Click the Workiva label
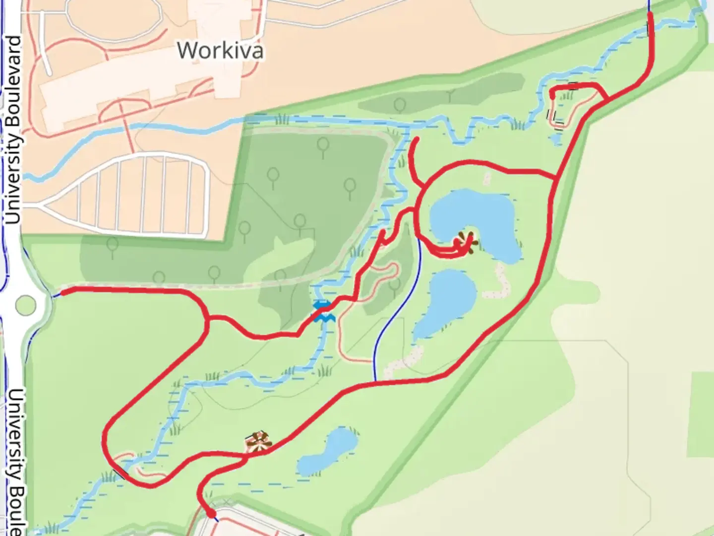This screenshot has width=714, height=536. click(x=220, y=51)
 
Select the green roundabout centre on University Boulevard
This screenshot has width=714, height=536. click(x=26, y=305)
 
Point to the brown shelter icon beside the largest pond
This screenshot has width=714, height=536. click(x=466, y=243)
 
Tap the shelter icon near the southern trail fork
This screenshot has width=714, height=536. click(x=258, y=442)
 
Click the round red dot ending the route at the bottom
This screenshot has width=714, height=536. click(x=211, y=514)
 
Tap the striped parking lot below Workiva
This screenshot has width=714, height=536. click(x=144, y=194)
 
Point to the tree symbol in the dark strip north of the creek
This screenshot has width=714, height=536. click(x=400, y=104)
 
